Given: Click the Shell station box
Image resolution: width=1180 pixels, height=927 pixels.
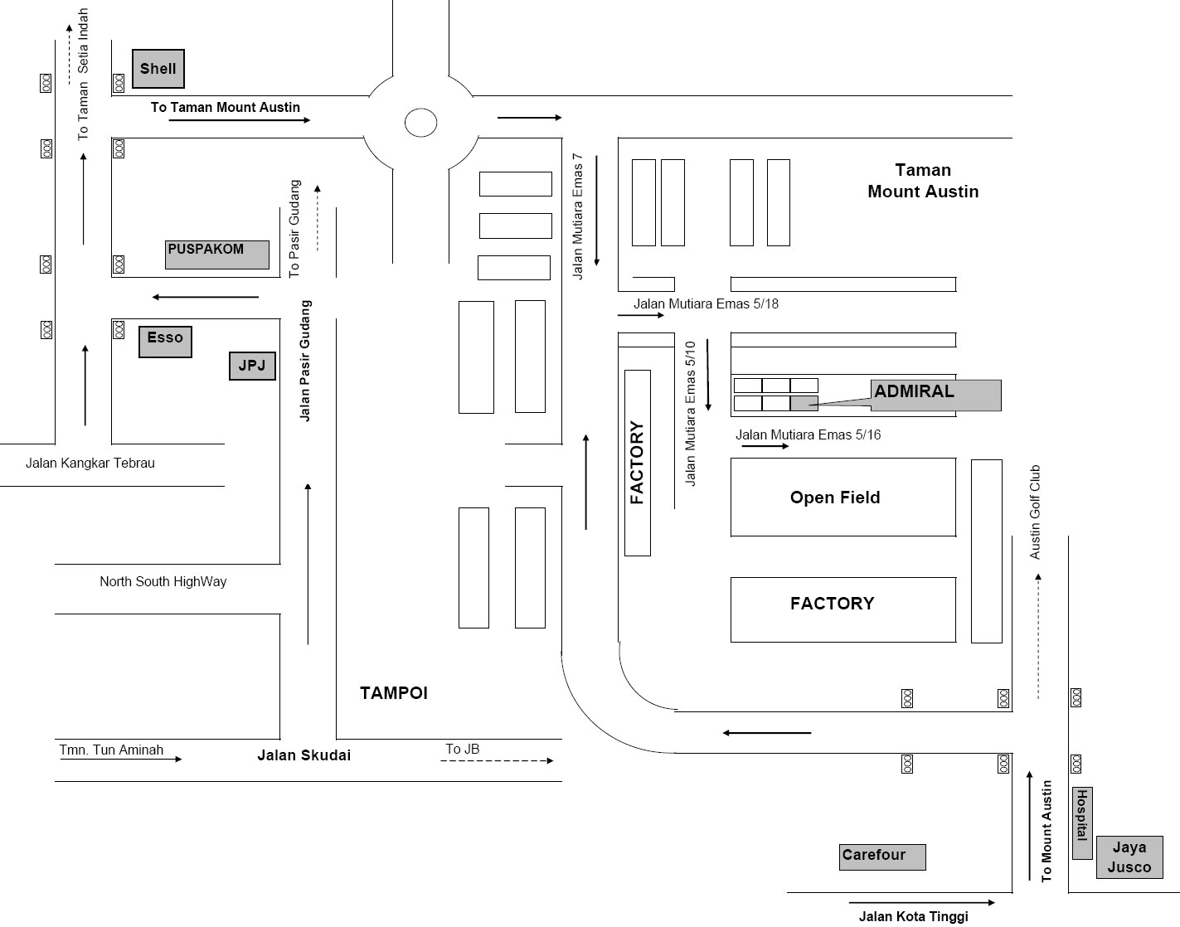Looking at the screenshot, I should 158,69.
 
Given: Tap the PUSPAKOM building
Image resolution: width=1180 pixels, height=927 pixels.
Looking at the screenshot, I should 217,255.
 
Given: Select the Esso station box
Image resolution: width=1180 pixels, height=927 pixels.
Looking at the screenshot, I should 165,341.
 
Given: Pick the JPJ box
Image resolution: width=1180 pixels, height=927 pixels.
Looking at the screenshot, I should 251,366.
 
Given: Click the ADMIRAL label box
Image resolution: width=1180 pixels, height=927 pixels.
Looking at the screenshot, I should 936,395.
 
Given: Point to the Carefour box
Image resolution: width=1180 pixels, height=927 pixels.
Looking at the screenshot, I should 881,857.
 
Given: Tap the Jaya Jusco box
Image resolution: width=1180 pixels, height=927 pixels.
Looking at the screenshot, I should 1129,857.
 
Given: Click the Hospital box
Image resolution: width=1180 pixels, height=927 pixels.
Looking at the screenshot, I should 1081,823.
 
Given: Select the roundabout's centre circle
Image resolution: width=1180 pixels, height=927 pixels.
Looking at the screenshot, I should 420,123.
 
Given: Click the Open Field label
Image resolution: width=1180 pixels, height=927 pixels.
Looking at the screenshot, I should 835,497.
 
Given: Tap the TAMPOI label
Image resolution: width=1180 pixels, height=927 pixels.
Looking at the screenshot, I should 394,693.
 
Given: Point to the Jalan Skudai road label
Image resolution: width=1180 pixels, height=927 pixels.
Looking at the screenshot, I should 303,755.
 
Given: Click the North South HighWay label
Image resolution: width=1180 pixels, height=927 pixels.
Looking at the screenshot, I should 163,582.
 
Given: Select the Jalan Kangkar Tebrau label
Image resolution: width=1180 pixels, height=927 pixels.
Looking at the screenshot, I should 90,463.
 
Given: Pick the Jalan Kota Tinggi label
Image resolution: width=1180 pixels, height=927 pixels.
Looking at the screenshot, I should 913,916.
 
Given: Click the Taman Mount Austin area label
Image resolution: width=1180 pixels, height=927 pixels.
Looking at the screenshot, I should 923,181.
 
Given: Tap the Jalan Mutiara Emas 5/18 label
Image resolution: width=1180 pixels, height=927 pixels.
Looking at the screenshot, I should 706,303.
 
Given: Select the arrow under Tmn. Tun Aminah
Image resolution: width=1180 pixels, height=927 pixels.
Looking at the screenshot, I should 120,759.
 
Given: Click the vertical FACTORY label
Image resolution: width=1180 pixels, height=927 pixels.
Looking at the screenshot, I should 637,463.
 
